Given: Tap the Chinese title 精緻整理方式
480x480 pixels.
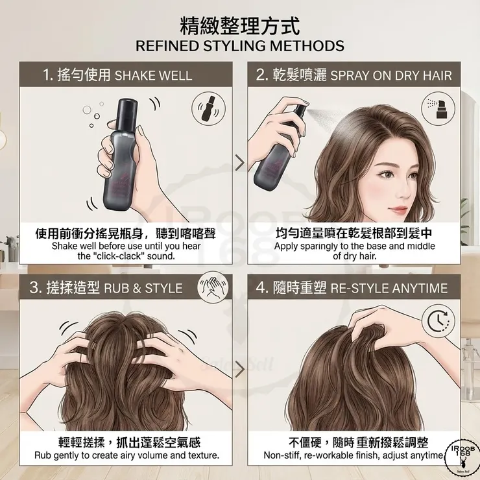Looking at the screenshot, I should pos(239,26).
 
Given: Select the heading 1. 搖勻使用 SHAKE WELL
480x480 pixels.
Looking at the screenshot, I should pos(117,75).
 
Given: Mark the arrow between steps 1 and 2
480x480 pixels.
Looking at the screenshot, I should pos(239,162).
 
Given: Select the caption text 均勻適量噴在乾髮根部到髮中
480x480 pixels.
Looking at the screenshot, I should pos(354,233).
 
